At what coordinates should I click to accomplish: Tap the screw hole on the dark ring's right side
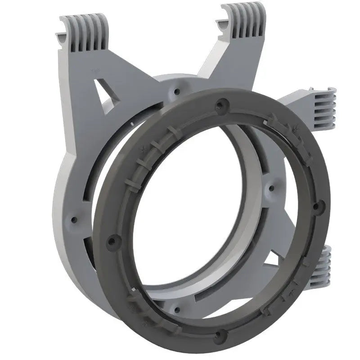[x=317, y=207]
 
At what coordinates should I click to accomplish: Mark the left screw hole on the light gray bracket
[x=73, y=220]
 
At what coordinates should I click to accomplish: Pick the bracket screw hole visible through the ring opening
[x=270, y=189]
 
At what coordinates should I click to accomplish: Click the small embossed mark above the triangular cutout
[x=95, y=71]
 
